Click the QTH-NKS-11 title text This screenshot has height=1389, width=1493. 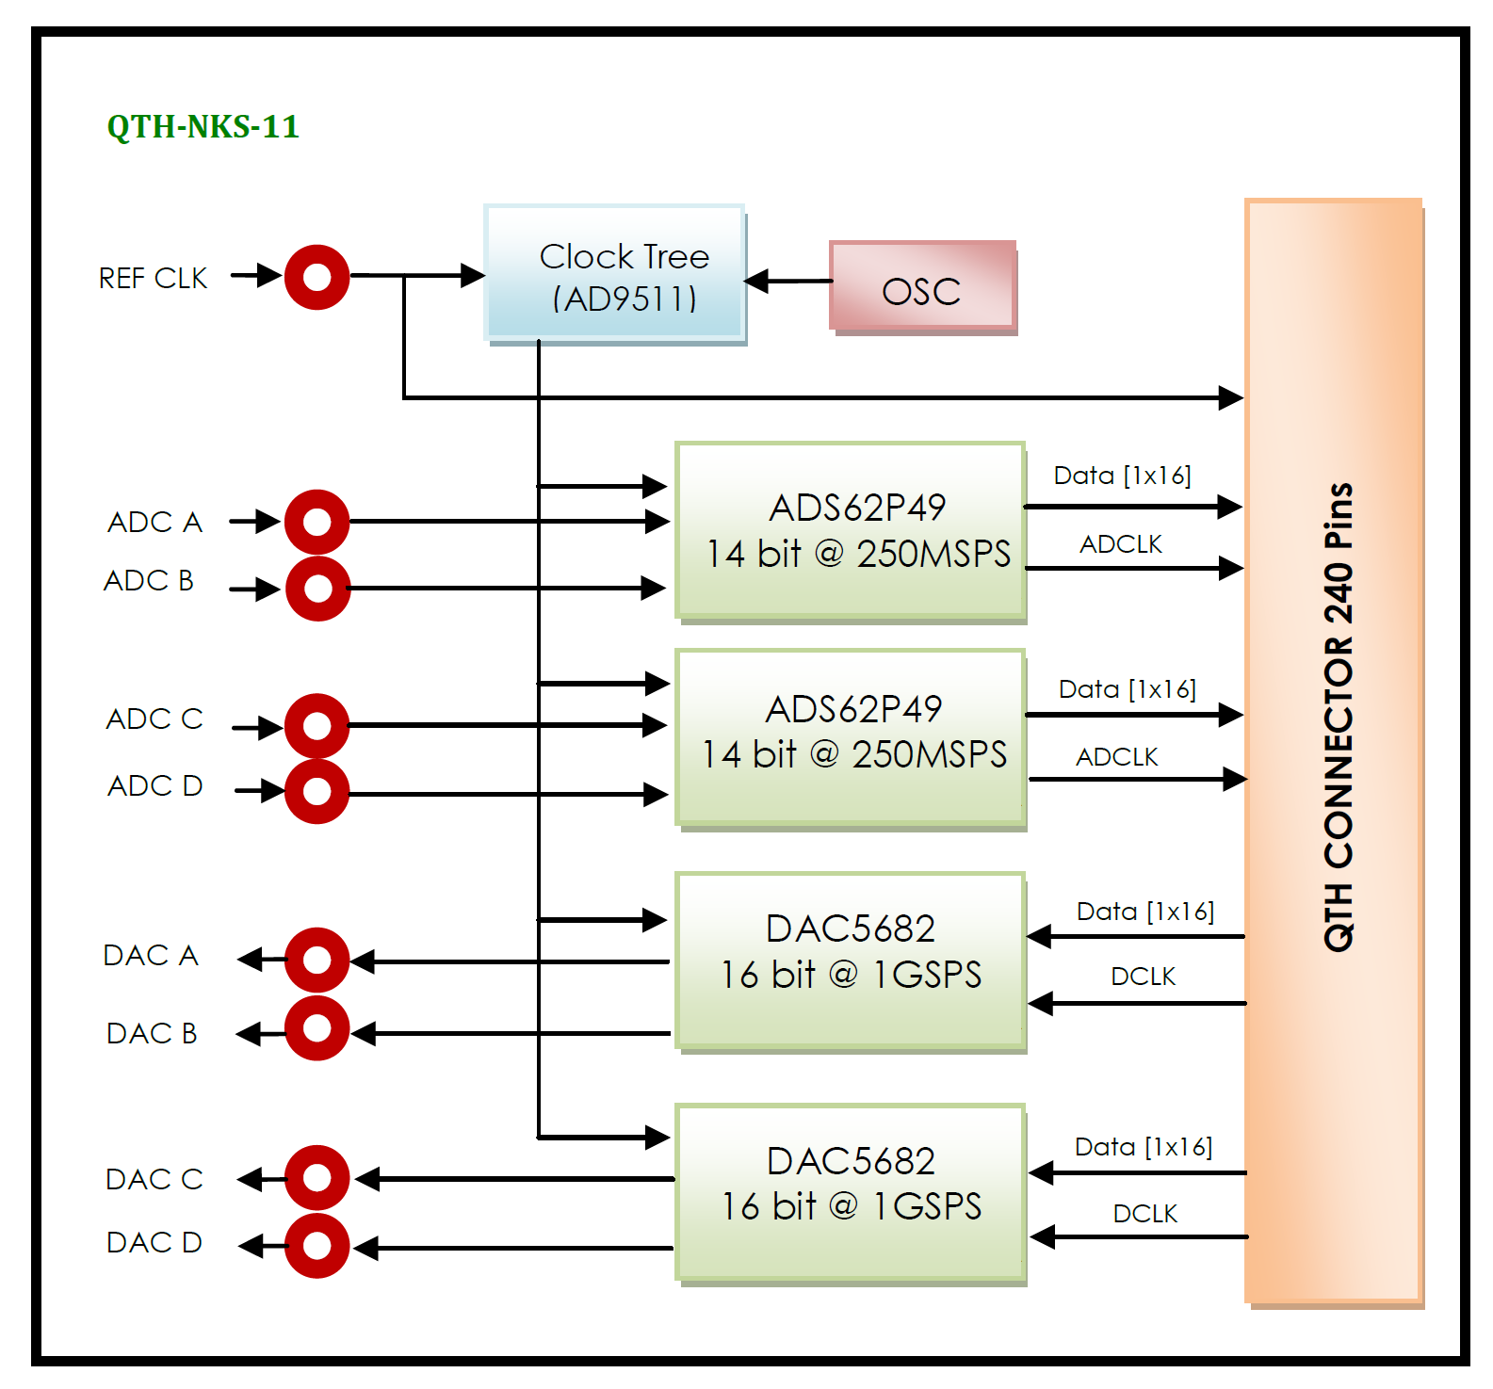[203, 126]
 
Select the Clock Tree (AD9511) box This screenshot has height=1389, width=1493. [615, 274]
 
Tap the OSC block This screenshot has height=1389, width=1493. [922, 286]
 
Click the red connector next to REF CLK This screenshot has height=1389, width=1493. [317, 277]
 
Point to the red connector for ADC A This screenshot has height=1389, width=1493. [317, 522]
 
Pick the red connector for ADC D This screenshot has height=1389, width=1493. [317, 792]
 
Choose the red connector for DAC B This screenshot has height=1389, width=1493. [317, 1028]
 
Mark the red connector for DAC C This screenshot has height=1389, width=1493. [317, 1178]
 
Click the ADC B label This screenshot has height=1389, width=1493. [149, 581]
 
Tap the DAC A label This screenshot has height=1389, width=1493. [151, 956]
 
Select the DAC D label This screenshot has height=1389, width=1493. [154, 1243]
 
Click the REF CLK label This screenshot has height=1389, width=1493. [153, 279]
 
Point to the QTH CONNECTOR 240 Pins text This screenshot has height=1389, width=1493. [1339, 717]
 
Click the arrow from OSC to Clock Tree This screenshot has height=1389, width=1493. [787, 281]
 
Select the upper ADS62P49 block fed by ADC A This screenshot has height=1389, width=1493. [851, 530]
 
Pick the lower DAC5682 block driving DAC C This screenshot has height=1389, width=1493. [851, 1192]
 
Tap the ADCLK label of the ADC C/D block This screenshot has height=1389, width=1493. [1117, 757]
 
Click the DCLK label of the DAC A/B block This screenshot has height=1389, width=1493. [1144, 977]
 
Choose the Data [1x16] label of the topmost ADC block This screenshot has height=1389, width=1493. [1122, 476]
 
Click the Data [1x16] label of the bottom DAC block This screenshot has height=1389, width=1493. [1144, 1147]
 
